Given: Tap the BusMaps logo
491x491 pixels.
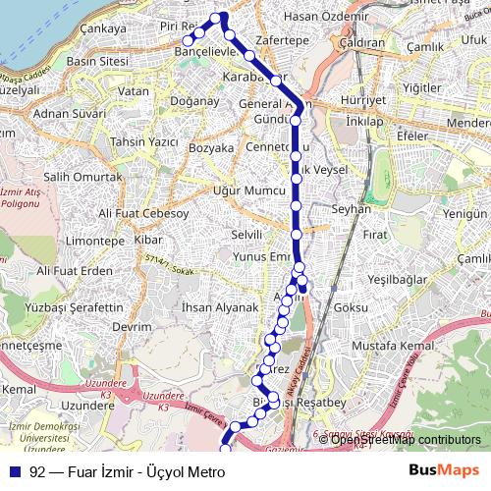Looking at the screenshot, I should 444,470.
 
